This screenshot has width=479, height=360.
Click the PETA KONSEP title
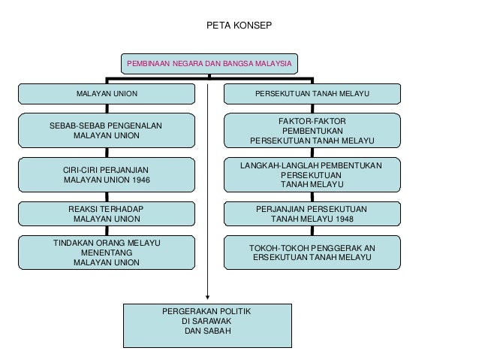pos(239,26)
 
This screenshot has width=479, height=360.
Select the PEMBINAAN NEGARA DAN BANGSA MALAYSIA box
pos(209,64)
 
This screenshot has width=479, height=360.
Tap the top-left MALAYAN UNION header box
pos(106,94)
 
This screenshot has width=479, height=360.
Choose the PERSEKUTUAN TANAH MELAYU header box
pos(312,94)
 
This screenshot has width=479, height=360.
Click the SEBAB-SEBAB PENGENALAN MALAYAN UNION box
pos(106,130)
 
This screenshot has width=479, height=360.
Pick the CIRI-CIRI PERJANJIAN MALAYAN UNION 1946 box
pos(106,175)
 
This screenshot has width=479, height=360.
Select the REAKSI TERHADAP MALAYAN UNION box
pos(106,213)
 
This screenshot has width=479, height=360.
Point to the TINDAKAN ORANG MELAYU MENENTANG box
pos(106,253)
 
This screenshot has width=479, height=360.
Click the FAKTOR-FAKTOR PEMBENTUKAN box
pos(312,130)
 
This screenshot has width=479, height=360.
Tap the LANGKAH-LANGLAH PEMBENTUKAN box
pos(312,174)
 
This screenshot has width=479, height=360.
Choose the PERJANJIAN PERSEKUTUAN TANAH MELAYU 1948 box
pos(312,213)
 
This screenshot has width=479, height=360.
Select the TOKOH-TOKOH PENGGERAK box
pos(312,252)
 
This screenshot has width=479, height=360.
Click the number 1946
pos(139,180)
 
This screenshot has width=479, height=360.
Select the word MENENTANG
pos(106,253)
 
